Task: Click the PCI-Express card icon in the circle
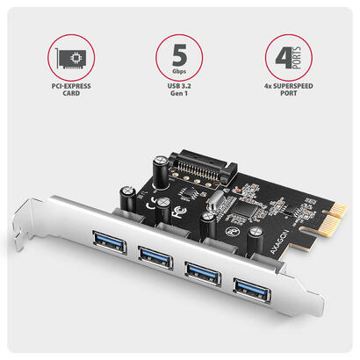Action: [67, 58]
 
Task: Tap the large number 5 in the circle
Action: [179, 52]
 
